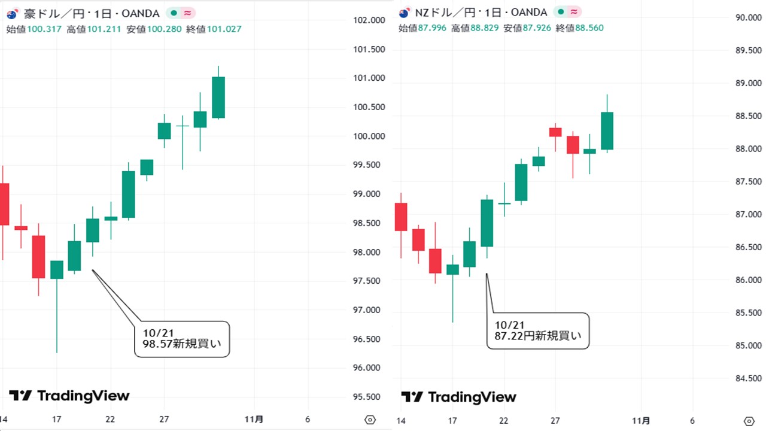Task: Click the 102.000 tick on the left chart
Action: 369,20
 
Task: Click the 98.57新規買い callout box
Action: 182,339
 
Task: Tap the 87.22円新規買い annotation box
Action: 537,330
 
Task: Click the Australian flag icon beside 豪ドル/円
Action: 12,13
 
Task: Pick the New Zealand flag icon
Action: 404,13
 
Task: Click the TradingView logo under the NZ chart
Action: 458,397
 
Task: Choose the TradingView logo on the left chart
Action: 69,396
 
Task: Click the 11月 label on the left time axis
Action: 254,420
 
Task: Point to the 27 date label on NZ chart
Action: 555,420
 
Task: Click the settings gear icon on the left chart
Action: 370,420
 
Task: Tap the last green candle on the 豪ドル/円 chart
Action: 218,97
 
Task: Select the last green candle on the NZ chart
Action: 607,130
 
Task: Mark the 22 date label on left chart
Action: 110,420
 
